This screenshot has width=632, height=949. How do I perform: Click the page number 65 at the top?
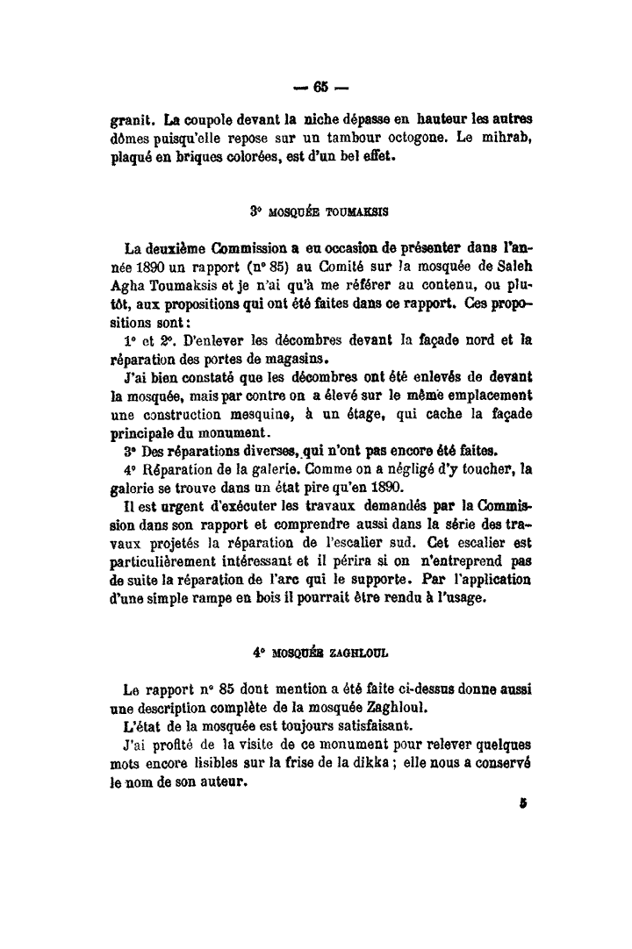[318, 87]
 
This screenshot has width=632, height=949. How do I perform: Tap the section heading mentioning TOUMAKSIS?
[320, 210]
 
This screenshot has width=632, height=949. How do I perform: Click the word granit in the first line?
[133, 118]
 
